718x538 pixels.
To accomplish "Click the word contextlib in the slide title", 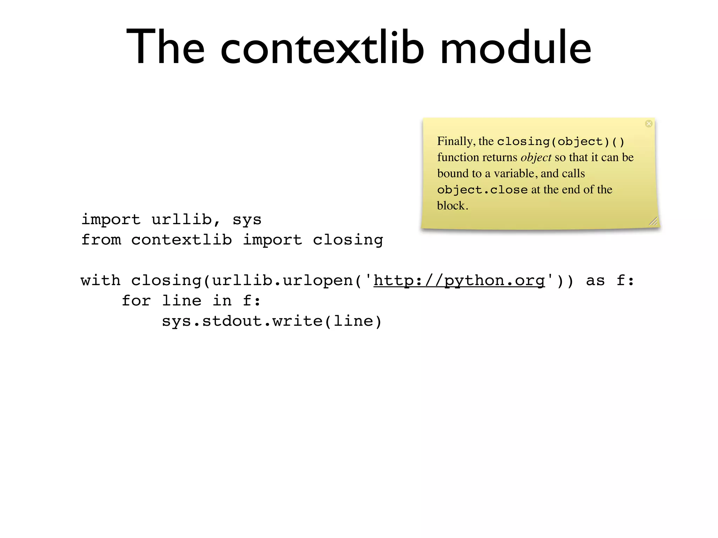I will pos(322,47).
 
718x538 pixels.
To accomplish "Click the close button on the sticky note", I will pos(649,124).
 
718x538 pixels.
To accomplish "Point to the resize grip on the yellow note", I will pos(653,221).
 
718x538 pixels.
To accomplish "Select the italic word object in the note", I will pos(536,158).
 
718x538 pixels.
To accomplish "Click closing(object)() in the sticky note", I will pos(561,142).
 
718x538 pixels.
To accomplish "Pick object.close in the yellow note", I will pos(482,190).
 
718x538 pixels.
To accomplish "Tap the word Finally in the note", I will pos(456,142).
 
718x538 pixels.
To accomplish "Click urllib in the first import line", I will pos(182,220).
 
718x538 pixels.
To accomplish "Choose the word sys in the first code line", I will pos(247,220).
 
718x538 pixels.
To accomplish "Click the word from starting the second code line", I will pos(101,240).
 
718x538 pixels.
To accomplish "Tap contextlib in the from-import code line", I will pos(181,240).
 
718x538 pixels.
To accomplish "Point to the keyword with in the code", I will pos(101,281).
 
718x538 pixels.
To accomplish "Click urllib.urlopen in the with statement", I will pos(283,281).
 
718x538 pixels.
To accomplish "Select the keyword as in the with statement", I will pos(595,281).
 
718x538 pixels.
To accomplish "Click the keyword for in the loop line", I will pos(136,301).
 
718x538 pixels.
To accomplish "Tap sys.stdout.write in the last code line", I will pos(242,321).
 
